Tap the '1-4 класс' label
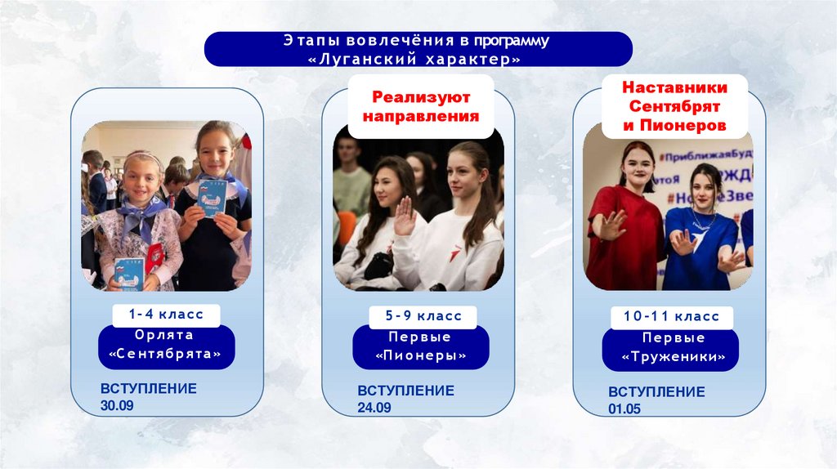click(x=166, y=313)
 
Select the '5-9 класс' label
click(x=421, y=315)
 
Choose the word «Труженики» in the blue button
click(x=672, y=357)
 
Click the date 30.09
click(x=117, y=404)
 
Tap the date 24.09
click(x=374, y=407)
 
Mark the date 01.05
click(x=624, y=409)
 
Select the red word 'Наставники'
click(x=675, y=87)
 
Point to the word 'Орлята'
click(x=166, y=335)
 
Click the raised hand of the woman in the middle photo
click(x=404, y=216)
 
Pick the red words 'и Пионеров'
click(x=675, y=127)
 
